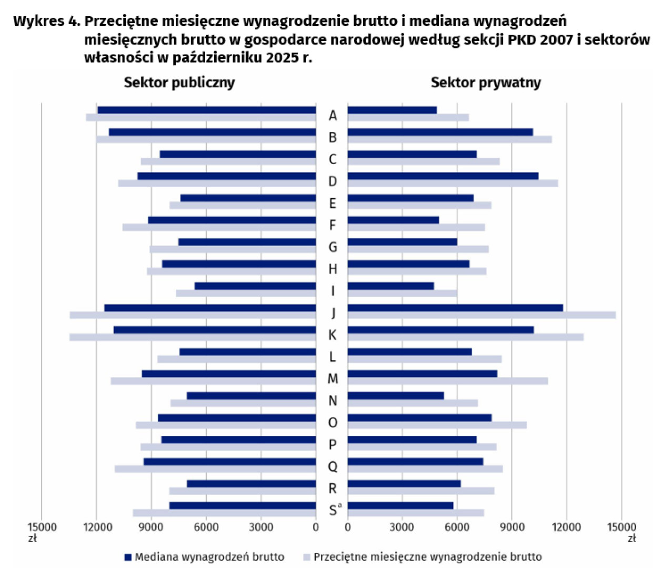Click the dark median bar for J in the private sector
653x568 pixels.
[x=455, y=308]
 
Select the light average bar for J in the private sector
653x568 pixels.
[x=481, y=315]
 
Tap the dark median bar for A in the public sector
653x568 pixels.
[x=206, y=110]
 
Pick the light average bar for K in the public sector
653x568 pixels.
[x=193, y=337]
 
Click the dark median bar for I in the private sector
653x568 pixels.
[x=390, y=286]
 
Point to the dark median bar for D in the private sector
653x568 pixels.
[x=443, y=176]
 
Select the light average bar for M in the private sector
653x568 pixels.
[x=447, y=381]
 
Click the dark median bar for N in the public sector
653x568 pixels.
[x=251, y=395]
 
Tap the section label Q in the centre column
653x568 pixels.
[x=332, y=466]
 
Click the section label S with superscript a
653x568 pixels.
[x=334, y=510]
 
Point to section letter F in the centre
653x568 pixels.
[x=332, y=225]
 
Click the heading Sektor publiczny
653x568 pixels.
[x=179, y=83]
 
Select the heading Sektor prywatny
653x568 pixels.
[x=485, y=83]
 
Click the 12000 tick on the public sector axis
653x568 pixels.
[x=96, y=527]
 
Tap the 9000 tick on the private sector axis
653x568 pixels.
[x=511, y=527]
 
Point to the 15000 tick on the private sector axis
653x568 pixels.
[x=621, y=527]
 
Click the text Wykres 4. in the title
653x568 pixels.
[x=47, y=21]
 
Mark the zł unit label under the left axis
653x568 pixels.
[x=33, y=539]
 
